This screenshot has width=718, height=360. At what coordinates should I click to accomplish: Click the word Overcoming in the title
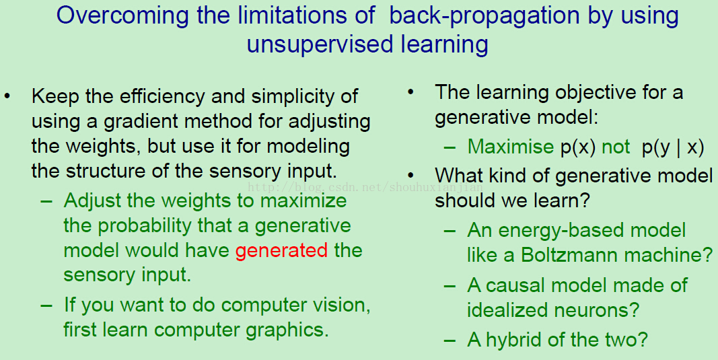click(122, 15)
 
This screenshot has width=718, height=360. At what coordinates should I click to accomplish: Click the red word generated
click(281, 250)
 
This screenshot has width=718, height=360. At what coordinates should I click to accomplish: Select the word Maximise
click(511, 147)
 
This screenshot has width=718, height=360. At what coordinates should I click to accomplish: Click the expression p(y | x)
click(673, 147)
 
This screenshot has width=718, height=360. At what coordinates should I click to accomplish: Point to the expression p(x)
click(578, 147)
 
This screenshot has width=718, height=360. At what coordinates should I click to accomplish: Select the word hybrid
click(514, 340)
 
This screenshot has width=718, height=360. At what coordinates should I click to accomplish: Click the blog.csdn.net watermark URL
click(365, 187)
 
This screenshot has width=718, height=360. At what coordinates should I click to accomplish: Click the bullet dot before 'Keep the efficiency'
click(7, 97)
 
